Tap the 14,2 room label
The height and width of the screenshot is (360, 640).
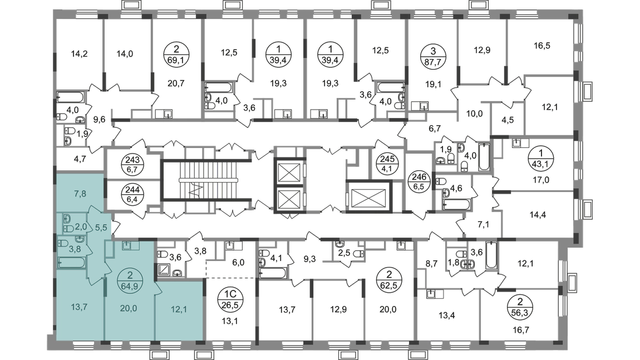(80, 55)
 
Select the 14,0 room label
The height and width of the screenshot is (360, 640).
(124, 54)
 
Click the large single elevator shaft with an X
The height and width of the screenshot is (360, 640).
(370, 195)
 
